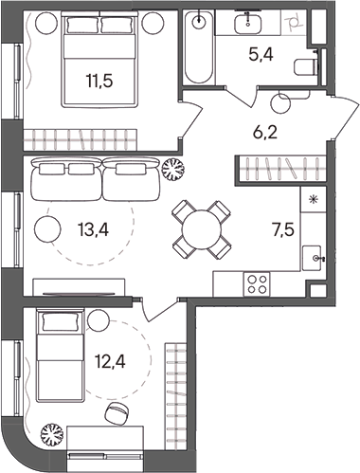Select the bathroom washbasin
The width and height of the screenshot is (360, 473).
(252, 22)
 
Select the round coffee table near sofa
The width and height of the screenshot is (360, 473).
(46, 227)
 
